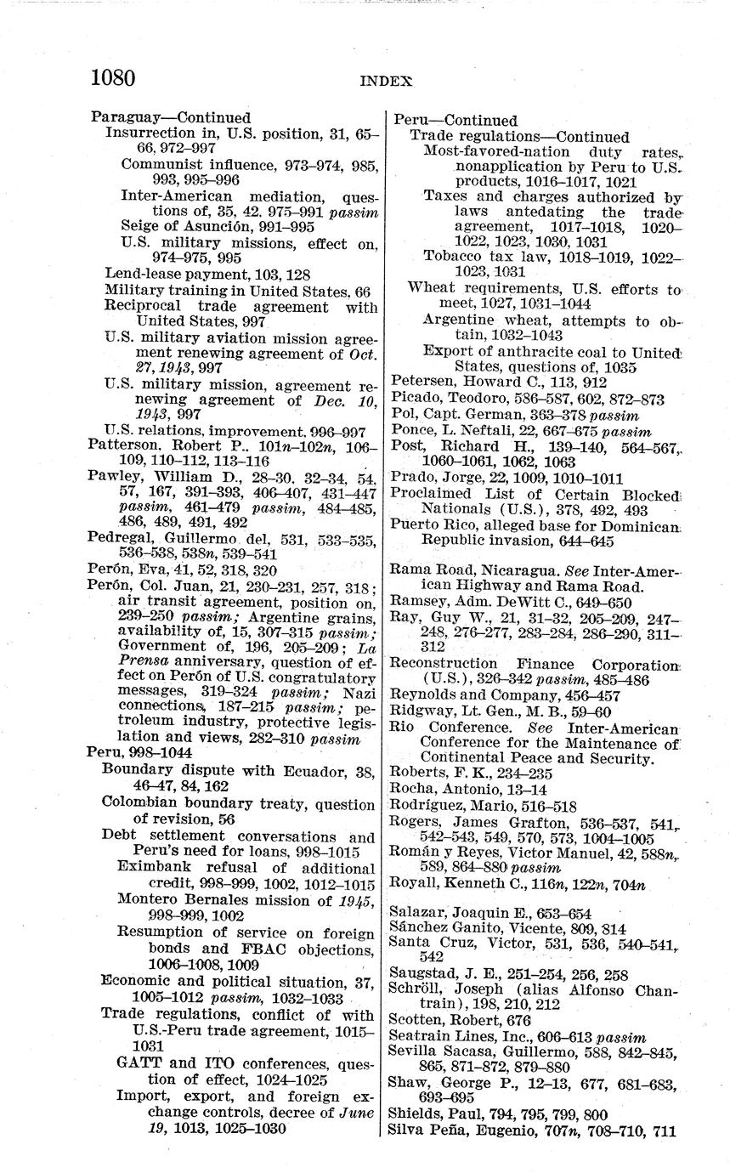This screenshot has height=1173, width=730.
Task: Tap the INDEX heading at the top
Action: click(386, 82)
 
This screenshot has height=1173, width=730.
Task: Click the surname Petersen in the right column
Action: click(422, 382)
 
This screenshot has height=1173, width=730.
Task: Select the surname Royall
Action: click(415, 885)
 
